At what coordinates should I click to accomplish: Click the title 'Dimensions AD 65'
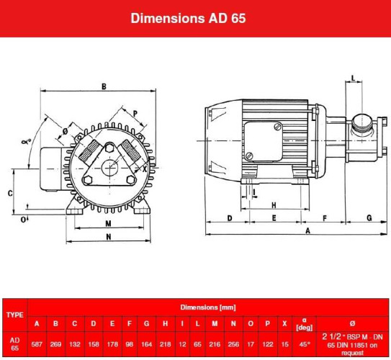[x=188, y=17]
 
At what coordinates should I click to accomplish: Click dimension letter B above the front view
[x=104, y=86]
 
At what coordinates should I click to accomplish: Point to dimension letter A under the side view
[x=307, y=230]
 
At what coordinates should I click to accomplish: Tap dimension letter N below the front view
[x=108, y=237]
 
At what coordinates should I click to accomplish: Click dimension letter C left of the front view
[x=9, y=193]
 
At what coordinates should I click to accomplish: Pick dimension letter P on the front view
[x=135, y=114]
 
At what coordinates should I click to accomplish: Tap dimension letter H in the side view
[x=274, y=204]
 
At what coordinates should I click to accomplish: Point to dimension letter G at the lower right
[x=369, y=217]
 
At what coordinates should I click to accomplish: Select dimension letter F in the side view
[x=325, y=217]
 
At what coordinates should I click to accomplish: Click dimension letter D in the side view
[x=229, y=217]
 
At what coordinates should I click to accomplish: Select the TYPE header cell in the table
[x=14, y=315]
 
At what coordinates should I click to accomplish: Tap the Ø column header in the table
[x=352, y=323]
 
